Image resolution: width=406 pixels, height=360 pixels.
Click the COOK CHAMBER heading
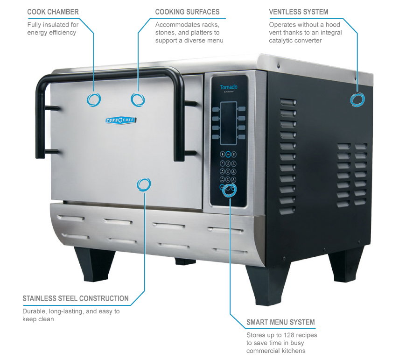(x=53, y=12)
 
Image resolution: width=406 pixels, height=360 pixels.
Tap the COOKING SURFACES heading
(x=187, y=12)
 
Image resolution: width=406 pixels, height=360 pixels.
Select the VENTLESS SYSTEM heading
(x=299, y=12)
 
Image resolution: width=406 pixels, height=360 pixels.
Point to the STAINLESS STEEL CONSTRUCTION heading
(x=75, y=298)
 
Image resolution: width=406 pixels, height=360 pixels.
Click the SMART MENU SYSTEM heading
(x=280, y=322)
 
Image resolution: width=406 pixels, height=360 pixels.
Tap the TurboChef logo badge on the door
(x=121, y=120)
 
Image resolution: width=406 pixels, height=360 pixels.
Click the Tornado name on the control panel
(x=229, y=87)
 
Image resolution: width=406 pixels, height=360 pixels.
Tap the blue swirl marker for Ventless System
(x=357, y=100)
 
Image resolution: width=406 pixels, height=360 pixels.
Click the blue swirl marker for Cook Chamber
(x=93, y=100)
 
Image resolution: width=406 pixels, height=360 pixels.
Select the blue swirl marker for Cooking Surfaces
(x=138, y=100)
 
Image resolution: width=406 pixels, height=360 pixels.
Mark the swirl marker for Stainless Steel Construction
(x=144, y=184)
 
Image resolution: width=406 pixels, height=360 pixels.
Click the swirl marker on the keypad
(x=230, y=190)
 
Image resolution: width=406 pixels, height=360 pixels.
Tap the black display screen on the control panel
(x=228, y=123)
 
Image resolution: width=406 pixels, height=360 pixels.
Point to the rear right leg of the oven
(x=346, y=265)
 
